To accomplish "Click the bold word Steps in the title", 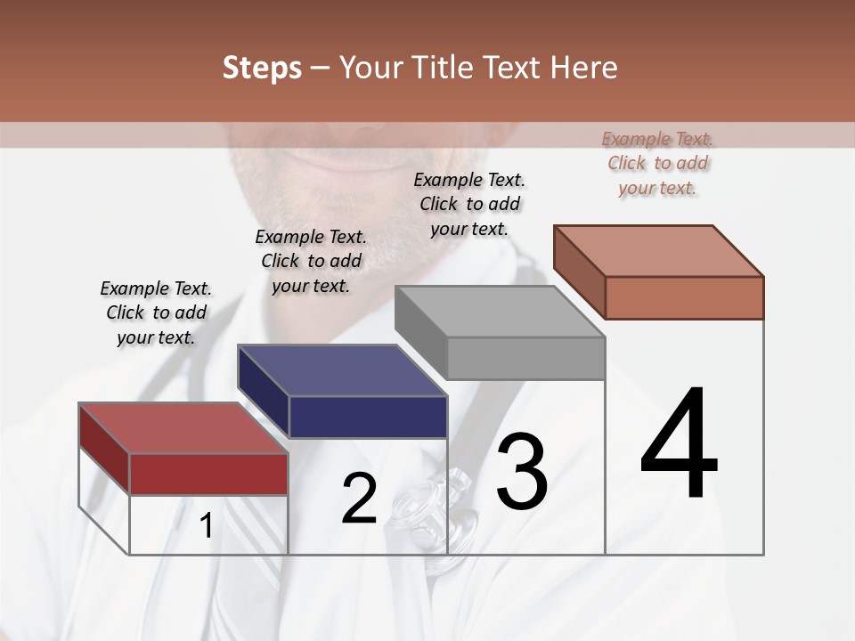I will coord(262,68).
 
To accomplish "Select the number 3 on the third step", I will coord(521,473).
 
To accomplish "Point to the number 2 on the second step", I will coord(359,499).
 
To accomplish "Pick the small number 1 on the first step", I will coord(206,526).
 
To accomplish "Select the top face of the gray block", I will coord(499,312).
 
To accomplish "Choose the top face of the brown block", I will coord(658,250).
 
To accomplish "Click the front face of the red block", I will coord(209,474).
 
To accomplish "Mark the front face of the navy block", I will coord(368,417).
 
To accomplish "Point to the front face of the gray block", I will coord(525,358).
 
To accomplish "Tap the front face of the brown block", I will coord(684,297).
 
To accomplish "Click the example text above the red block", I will coord(156,312).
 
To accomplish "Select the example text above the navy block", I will coord(311,261).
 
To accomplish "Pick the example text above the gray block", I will coord(469,204).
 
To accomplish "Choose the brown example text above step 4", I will coord(657,163).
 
